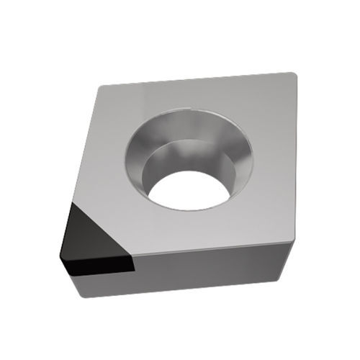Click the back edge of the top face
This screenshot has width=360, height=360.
coord(194,81)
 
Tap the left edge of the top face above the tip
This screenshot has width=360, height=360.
coord(85,144)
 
